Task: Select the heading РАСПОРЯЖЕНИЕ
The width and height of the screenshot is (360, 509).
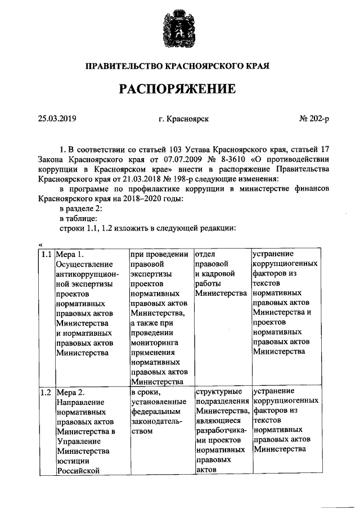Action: pyautogui.click(x=176, y=89)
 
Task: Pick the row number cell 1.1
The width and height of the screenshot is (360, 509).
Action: pyautogui.click(x=46, y=254)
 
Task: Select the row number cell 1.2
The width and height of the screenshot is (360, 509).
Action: pyautogui.click(x=46, y=392)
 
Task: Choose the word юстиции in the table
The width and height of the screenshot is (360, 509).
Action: pyautogui.click(x=72, y=461)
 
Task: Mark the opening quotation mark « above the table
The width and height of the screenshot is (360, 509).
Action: pyautogui.click(x=40, y=244)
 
